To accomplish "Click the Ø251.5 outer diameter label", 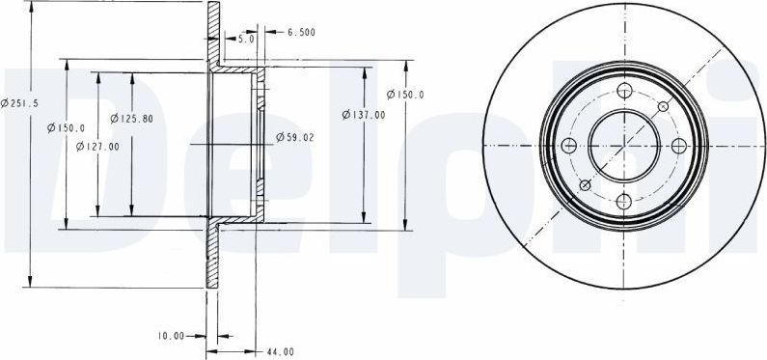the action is [x=19, y=103].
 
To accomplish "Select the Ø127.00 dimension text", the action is [x=97, y=147].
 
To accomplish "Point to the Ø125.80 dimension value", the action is [x=131, y=119].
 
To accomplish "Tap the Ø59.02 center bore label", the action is [x=295, y=137].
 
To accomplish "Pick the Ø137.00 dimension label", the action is [x=364, y=115].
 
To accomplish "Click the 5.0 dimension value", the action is [x=247, y=40].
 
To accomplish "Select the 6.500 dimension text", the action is [x=301, y=32].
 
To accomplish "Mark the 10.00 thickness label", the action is [x=171, y=336].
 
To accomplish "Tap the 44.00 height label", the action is [x=281, y=351].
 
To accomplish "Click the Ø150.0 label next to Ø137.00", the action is [x=405, y=95].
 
